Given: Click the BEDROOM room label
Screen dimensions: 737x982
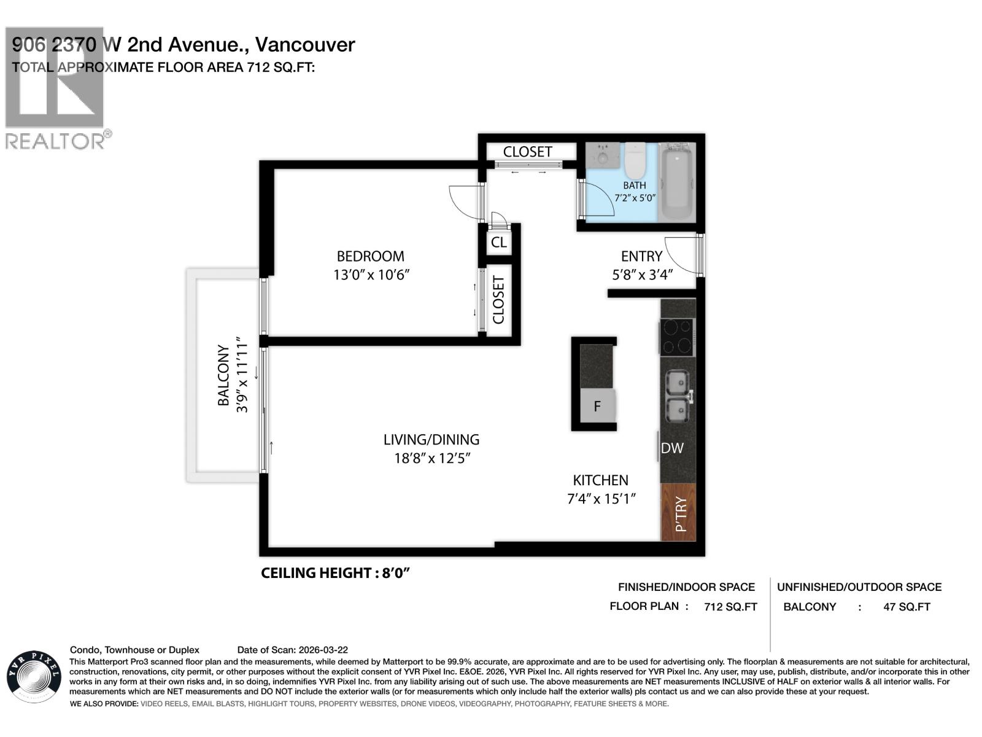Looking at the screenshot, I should click(x=370, y=256).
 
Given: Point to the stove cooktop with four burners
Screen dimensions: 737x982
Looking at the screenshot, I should click(x=677, y=336).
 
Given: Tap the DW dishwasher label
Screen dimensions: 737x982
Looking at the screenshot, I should click(x=672, y=448).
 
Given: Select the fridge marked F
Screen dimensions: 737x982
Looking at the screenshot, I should click(x=597, y=406).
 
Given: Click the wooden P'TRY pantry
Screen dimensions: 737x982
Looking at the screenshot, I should click(x=679, y=512).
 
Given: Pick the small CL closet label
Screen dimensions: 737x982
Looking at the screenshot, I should click(x=498, y=242).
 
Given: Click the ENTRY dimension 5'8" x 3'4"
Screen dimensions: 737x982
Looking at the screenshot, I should click(x=642, y=275).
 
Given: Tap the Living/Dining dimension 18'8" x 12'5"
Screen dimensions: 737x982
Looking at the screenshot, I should click(x=432, y=458).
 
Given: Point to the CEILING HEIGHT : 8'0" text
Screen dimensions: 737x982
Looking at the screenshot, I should click(x=335, y=573).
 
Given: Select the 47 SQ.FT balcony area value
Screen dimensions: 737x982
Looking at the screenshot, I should click(x=907, y=607).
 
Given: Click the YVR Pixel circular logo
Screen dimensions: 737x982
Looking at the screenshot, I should click(x=34, y=676).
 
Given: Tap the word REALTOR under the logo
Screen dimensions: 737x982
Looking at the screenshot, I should click(x=55, y=141).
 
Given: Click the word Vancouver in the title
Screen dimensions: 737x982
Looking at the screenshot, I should click(x=304, y=44).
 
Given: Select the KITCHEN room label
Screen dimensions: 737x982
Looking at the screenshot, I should click(x=600, y=480).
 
